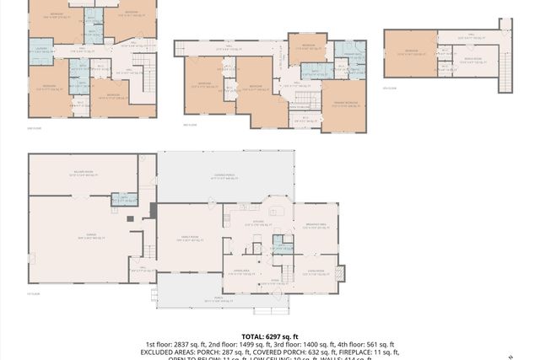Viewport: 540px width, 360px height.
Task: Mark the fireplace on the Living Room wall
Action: coord(339,273)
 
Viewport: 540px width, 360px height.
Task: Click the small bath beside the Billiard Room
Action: coord(124,200)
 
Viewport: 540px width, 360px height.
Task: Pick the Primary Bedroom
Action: coord(344,103)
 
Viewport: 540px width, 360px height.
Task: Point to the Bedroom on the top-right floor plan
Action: coord(410,51)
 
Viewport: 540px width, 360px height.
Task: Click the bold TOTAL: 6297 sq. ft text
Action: coord(269,335)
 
